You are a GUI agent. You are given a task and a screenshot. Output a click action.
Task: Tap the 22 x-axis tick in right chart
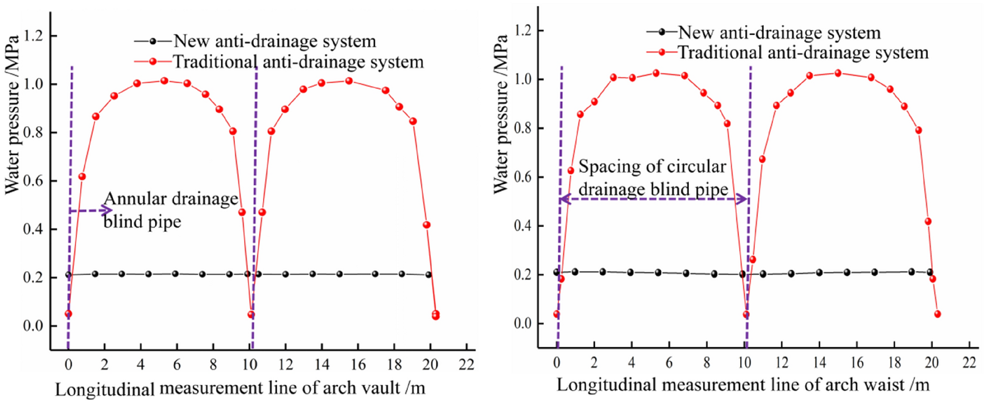click(x=969, y=362)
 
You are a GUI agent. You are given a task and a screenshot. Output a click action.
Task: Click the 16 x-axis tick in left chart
click(x=358, y=365)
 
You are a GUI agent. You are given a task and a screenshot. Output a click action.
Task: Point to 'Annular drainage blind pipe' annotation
click(x=170, y=210)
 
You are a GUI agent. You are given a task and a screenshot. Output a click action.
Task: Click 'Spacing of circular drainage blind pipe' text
click(x=653, y=178)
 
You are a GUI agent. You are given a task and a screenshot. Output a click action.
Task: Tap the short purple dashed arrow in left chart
click(x=90, y=211)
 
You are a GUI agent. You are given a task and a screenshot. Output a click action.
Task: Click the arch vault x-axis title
click(x=240, y=388)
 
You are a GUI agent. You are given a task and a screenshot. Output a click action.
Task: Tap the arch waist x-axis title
click(x=743, y=385)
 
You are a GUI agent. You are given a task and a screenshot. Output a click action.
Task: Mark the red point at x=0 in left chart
click(x=68, y=314)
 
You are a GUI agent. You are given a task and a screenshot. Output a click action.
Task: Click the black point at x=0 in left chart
click(x=68, y=275)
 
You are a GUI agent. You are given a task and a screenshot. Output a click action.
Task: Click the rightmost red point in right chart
click(x=937, y=314)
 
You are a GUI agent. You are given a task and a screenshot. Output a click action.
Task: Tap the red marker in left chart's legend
click(x=152, y=62)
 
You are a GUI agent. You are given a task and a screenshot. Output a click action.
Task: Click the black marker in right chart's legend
click(x=662, y=32)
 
